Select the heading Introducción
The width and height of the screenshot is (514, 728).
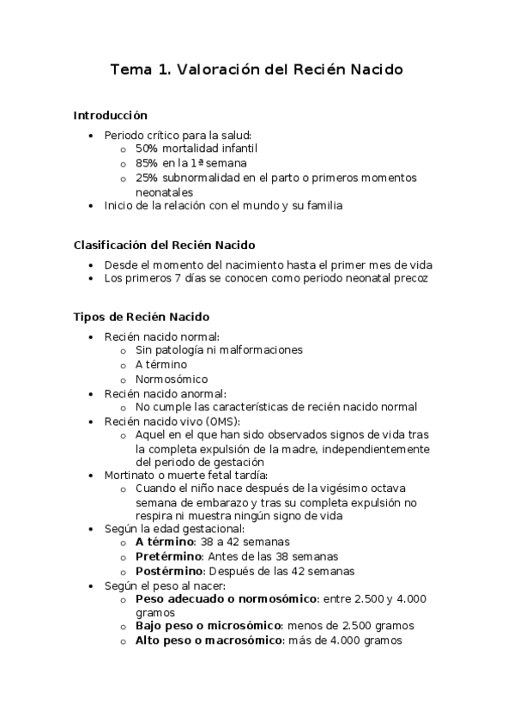pyautogui.click(x=111, y=115)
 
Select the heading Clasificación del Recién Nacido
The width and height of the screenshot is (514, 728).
pyautogui.click(x=164, y=246)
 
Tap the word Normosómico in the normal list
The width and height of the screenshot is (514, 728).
pyautogui.click(x=172, y=379)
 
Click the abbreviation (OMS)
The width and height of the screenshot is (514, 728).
pyautogui.click(x=223, y=422)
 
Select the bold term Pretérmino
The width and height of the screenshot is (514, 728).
pyautogui.click(x=167, y=556)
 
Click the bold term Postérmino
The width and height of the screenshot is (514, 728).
pyautogui.click(x=169, y=571)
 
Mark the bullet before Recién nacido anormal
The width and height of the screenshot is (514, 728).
pyautogui.click(x=93, y=393)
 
